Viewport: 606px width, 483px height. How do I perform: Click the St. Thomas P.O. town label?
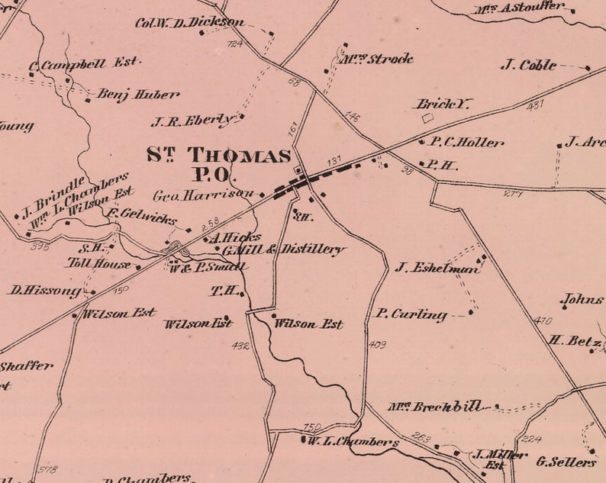(x=218, y=165)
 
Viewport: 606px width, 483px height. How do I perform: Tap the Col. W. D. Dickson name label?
(x=190, y=22)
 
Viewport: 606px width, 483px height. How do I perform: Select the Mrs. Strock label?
(x=376, y=59)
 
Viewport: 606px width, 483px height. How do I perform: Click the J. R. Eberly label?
(x=194, y=121)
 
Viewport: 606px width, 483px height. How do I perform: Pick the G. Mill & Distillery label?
(x=284, y=250)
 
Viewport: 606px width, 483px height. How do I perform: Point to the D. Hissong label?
(x=44, y=290)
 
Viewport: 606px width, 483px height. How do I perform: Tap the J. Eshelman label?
(x=437, y=268)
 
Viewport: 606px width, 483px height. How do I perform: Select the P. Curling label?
(x=411, y=314)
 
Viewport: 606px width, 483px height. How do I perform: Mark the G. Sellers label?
(x=566, y=462)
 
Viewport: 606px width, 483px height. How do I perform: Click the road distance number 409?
(x=377, y=345)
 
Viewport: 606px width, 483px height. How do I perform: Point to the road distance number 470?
(x=543, y=320)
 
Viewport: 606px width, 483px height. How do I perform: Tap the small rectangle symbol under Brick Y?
(x=427, y=118)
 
